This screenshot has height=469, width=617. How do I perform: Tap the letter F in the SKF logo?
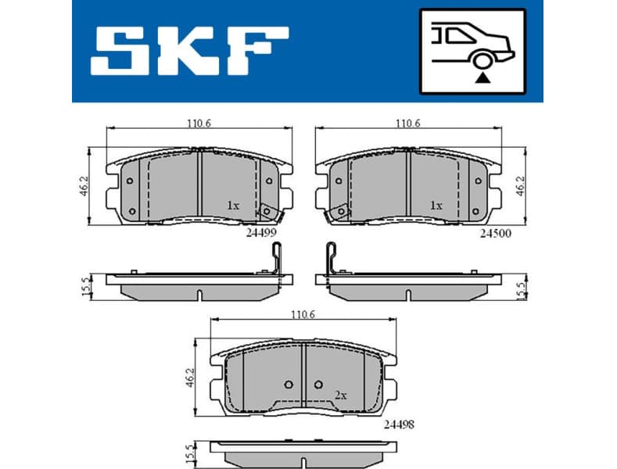click(259, 52)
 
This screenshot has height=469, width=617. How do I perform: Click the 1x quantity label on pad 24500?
click(436, 205)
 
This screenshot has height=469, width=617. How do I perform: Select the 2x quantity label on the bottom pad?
click(340, 396)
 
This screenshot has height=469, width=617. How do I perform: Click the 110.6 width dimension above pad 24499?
click(199, 123)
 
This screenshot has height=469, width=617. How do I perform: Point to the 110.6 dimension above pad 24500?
click(407, 123)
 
